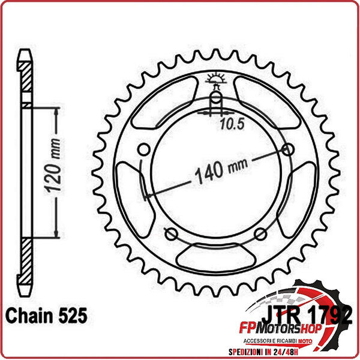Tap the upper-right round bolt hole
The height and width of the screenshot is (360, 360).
coord(289,149)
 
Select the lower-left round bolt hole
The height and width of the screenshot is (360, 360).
coord(170,233)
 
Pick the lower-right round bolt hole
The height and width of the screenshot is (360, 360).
coord(261,233)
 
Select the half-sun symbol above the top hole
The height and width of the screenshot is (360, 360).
coord(216,78)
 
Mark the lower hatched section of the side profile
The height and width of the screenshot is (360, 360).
coord(25,261)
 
